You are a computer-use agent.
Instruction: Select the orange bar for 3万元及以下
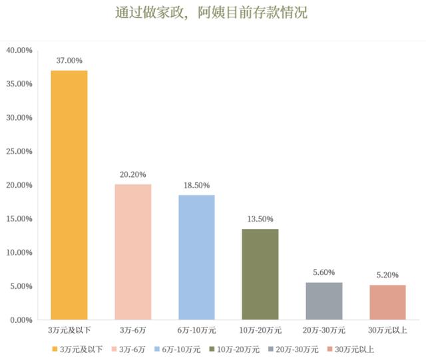coord(69,195)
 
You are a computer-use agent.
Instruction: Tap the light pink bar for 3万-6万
coord(132,252)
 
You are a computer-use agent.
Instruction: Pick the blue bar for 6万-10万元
coord(196,258)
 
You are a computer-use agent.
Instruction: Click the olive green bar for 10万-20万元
coord(260,274)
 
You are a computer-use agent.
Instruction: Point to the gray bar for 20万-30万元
coord(323,301)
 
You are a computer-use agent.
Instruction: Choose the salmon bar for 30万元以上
coord(387,302)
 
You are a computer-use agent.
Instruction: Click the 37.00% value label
coord(69,59)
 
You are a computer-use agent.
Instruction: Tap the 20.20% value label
coord(132,173)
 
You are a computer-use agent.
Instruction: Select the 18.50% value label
coord(196,184)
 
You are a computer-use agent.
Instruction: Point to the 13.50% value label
coord(260,218)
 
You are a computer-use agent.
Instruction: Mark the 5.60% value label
coord(323,271)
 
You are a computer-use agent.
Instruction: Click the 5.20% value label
coord(387,274)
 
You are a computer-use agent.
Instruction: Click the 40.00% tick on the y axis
coord(19,50)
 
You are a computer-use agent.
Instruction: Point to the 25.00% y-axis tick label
coord(19,152)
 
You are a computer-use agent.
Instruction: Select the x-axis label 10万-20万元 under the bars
coord(260,331)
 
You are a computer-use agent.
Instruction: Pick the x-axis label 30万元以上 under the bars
coord(387,331)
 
